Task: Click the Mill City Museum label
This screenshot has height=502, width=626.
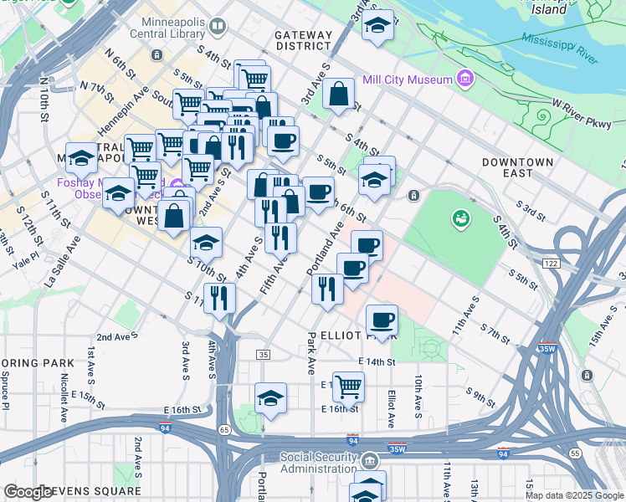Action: pos(407,80)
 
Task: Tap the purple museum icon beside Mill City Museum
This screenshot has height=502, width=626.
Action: pos(464,81)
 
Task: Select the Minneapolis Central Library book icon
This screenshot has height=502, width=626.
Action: pos(218,27)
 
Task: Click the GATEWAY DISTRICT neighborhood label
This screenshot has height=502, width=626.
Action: pos(303,40)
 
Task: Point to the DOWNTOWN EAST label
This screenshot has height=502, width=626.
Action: pos(517,167)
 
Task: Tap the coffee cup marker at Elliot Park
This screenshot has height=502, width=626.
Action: pos(382,319)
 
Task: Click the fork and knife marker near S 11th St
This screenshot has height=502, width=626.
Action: pos(219,298)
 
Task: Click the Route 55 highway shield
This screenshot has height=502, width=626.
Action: pos(574,453)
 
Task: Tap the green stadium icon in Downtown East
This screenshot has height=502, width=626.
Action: pos(459,219)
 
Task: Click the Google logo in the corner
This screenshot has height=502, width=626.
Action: pos(28,492)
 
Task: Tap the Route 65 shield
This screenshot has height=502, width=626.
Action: pos(224,429)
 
